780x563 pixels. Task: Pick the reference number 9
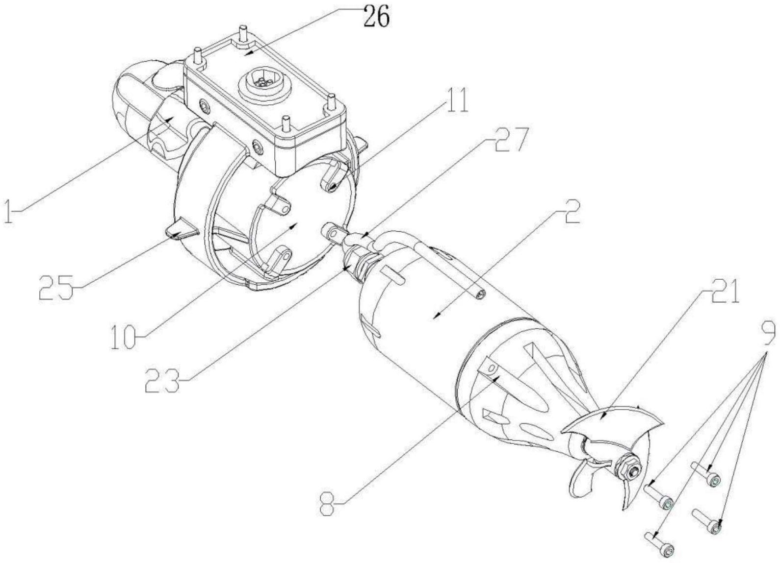click(x=768, y=333)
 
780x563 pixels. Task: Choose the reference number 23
click(x=162, y=380)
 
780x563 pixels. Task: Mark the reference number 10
click(x=122, y=337)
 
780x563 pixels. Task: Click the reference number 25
click(x=56, y=288)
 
